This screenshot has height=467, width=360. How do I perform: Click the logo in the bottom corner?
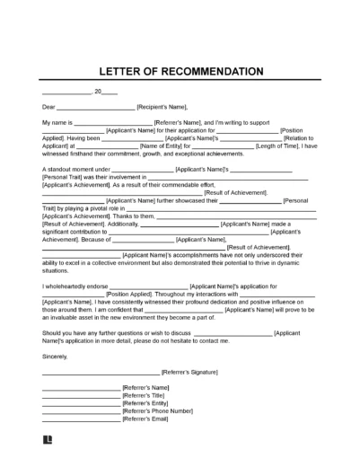tap(48, 442)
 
